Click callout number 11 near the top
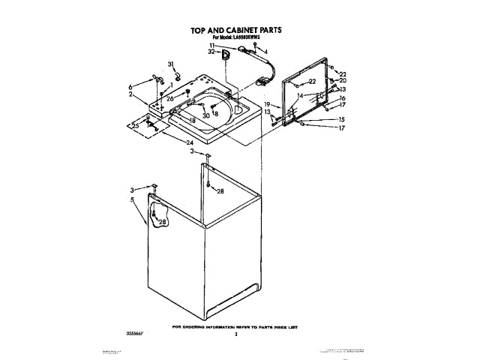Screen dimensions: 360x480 [x=213, y=46]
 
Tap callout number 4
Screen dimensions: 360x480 [x=265, y=51]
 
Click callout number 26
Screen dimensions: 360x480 [x=170, y=99]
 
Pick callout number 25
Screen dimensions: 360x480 [x=136, y=124]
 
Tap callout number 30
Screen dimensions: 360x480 [x=205, y=116]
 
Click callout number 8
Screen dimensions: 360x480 [x=217, y=113]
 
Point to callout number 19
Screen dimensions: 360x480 [x=266, y=104]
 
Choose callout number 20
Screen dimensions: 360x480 [x=343, y=80]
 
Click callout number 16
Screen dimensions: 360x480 [x=342, y=98]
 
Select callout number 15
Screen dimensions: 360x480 [x=342, y=120]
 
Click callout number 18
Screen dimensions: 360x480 [x=192, y=121]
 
